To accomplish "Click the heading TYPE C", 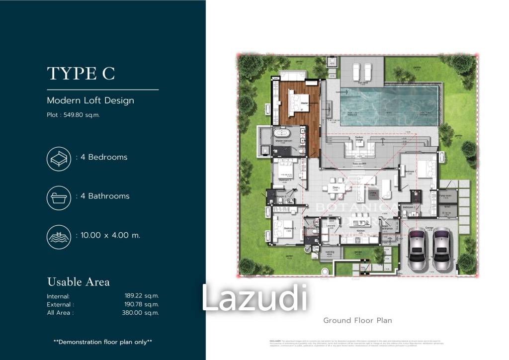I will (x=81, y=74).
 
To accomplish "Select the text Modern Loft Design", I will (x=90, y=100).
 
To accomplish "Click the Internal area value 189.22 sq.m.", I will (x=142, y=295).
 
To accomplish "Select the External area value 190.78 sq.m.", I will (x=142, y=304).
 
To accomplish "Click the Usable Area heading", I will (x=79, y=282).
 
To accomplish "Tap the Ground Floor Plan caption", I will (x=357, y=320).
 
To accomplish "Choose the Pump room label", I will (x=446, y=196).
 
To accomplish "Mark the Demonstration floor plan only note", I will (x=103, y=342).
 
